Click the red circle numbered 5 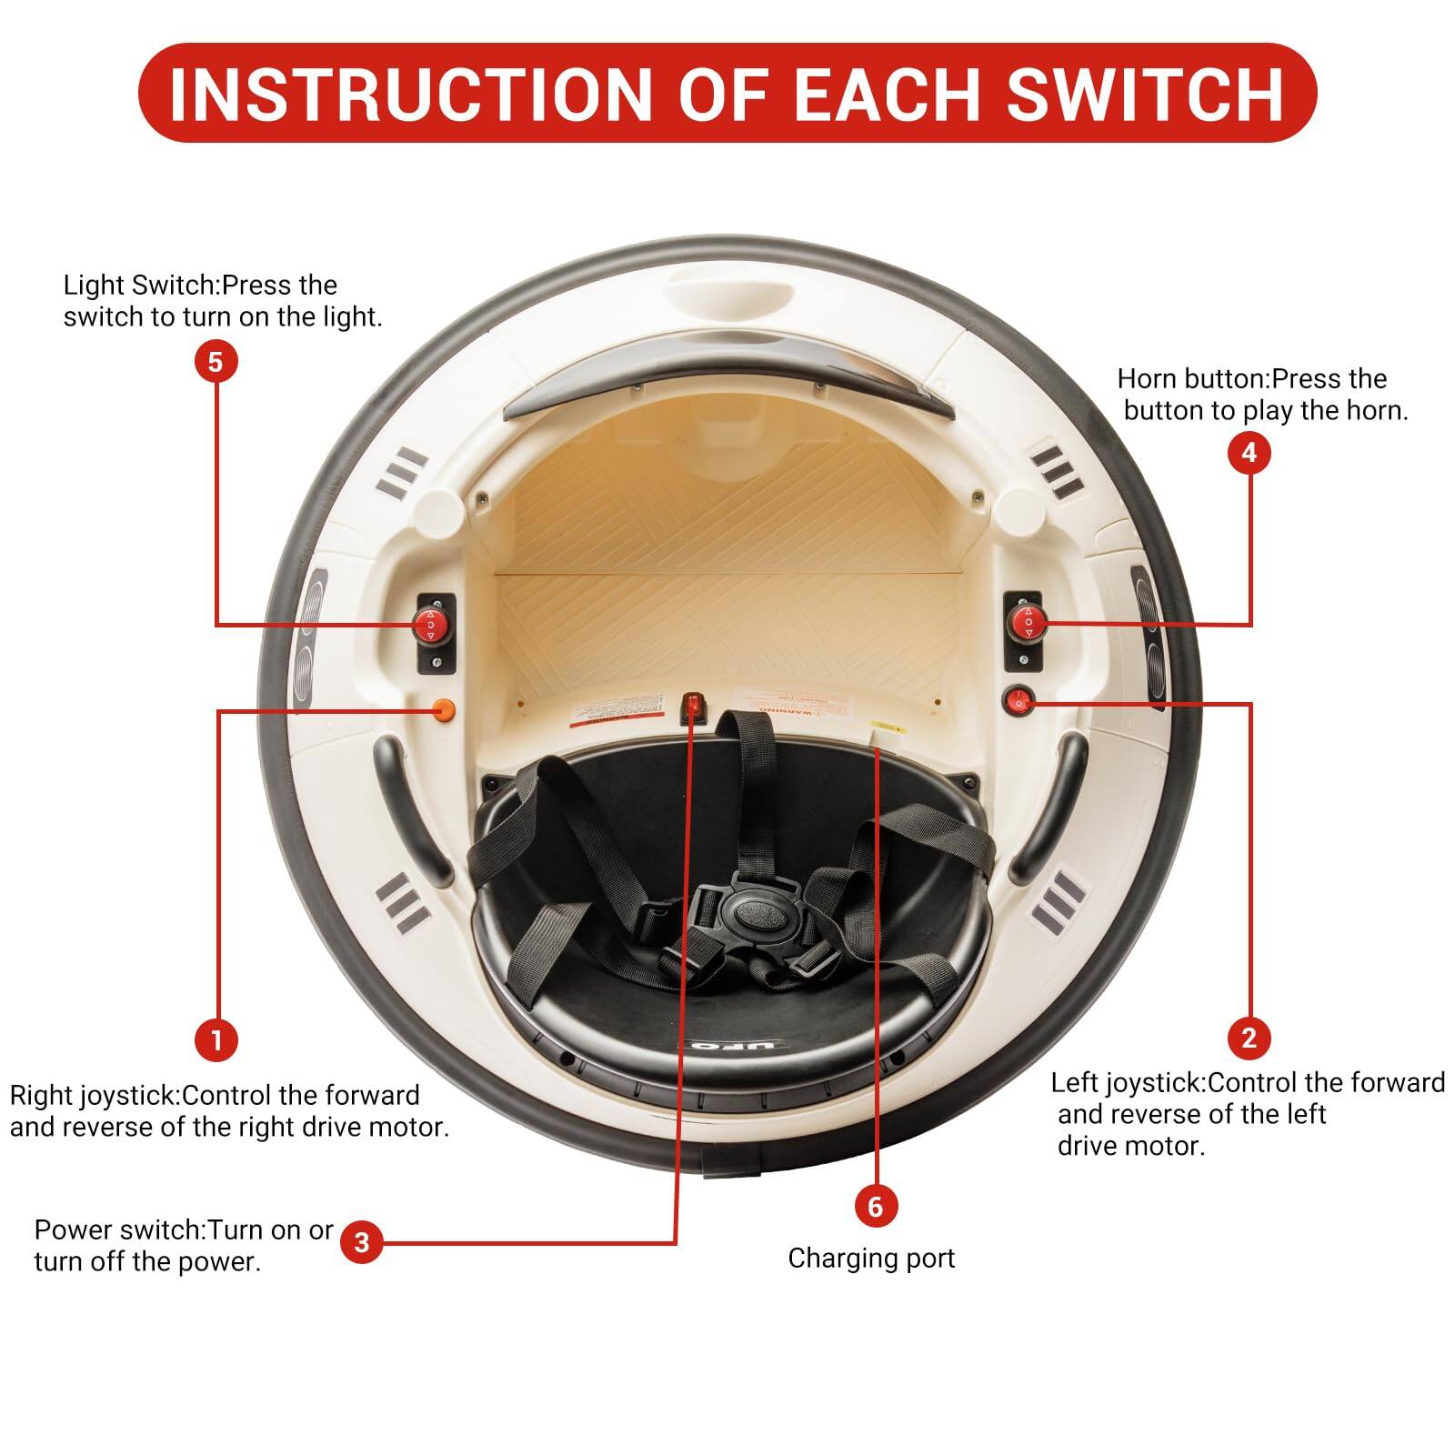(x=215, y=362)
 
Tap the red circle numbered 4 (x=1249, y=452)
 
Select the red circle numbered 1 (x=216, y=1039)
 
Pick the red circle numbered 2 (x=1249, y=1037)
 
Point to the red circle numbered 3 (x=362, y=1242)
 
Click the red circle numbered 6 (x=875, y=1206)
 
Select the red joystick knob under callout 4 (x=1029, y=622)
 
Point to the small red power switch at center (x=694, y=703)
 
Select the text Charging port (x=871, y=1259)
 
